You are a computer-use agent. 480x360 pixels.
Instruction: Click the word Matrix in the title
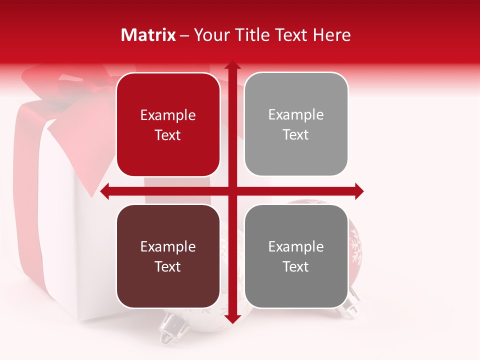tap(148, 35)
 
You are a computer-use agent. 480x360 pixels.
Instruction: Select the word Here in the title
tap(331, 35)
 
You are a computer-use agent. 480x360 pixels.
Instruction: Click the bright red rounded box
tap(168, 124)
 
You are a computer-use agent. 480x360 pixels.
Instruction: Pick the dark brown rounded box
tap(168, 256)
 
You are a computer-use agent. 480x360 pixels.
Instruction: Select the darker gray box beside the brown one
tap(296, 256)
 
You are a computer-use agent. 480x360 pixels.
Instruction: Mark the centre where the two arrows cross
tap(231, 191)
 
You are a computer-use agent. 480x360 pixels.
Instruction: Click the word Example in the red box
tap(168, 115)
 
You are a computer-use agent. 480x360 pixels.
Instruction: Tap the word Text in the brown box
tap(168, 266)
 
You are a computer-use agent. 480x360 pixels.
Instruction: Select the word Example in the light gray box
tap(296, 115)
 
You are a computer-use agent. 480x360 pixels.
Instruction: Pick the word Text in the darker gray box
tap(296, 266)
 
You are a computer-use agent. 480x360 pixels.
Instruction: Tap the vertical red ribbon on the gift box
tap(26, 190)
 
